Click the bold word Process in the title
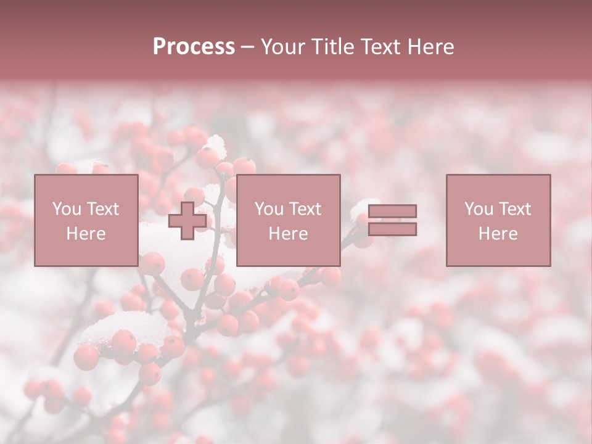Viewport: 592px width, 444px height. coord(194,47)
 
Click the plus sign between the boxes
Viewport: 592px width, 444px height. coord(187,221)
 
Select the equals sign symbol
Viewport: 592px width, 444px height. coord(392,220)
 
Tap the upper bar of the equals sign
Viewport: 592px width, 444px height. coord(392,212)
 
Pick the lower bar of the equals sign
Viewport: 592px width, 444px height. coord(392,229)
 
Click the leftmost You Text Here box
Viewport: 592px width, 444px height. coord(86,220)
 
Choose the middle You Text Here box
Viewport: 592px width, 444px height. coord(288,220)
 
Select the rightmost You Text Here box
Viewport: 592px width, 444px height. coord(498,220)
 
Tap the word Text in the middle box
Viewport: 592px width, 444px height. coord(304,209)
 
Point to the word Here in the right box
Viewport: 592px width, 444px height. coord(498,234)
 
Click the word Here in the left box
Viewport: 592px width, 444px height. coord(86,234)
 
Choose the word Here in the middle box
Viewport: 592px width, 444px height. coord(288,234)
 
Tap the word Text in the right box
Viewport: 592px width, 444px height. coord(514,209)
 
